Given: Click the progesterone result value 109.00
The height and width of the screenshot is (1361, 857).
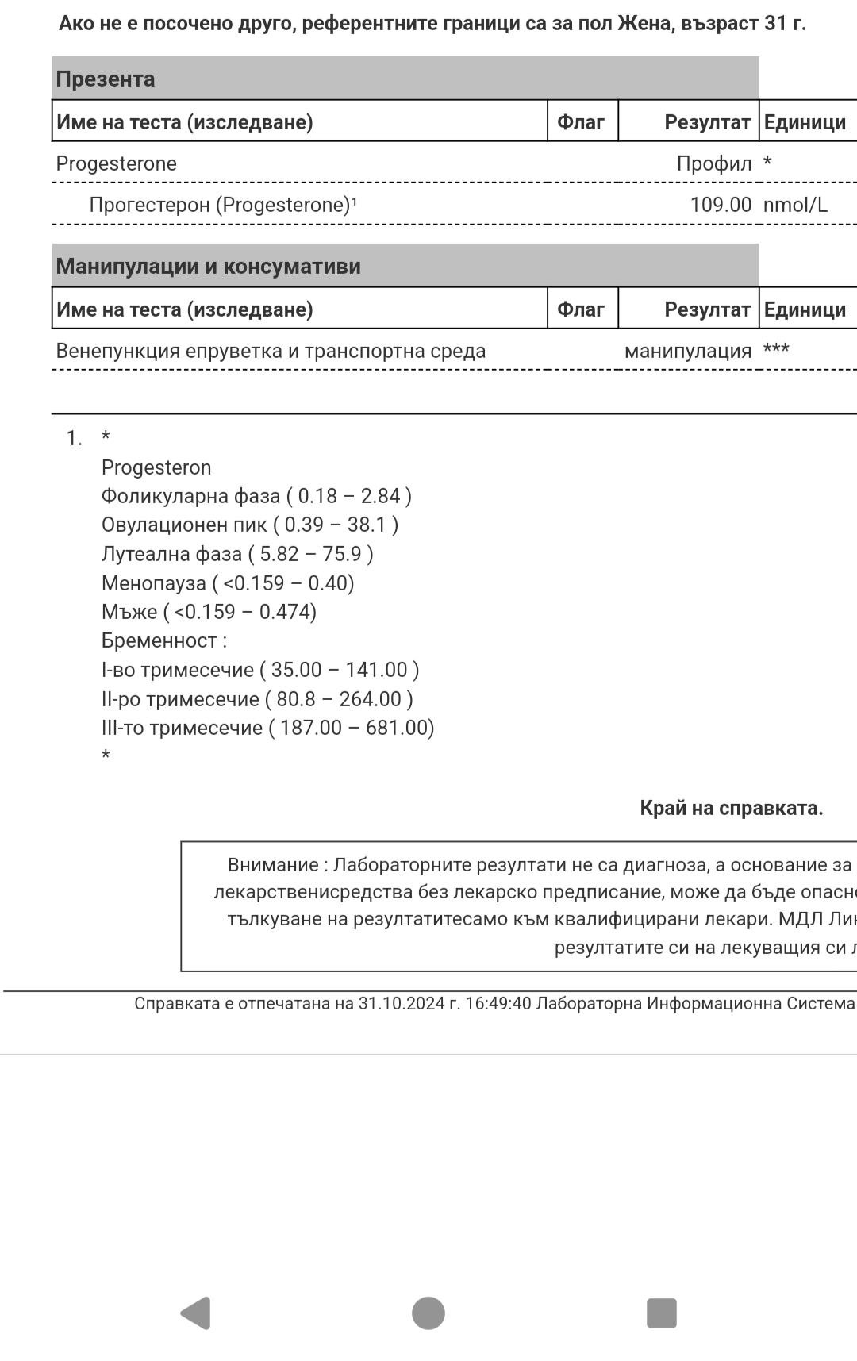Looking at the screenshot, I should [x=720, y=205].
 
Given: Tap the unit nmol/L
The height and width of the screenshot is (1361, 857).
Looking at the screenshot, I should [x=795, y=205].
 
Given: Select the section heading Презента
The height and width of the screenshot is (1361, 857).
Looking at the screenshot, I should [x=105, y=79].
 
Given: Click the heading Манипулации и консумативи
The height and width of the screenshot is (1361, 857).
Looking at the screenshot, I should [x=208, y=267].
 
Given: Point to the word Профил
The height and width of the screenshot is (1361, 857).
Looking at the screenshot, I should [x=713, y=163].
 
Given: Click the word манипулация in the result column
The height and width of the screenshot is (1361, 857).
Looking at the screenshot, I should [x=687, y=351].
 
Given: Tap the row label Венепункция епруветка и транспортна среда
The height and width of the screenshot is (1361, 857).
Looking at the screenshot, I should [x=271, y=351].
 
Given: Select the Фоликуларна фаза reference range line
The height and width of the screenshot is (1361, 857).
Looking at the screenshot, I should [x=256, y=496].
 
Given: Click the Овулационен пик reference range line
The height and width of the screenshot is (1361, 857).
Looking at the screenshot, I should [x=250, y=525].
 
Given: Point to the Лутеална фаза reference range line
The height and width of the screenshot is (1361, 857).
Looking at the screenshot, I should [x=237, y=554].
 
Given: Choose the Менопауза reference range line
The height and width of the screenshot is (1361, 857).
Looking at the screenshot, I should [x=228, y=583].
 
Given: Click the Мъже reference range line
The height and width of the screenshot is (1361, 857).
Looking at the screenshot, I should [x=209, y=612].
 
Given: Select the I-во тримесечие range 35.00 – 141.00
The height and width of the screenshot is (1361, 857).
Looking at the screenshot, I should [x=344, y=670].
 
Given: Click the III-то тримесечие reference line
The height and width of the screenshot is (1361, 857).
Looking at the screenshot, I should [x=267, y=728].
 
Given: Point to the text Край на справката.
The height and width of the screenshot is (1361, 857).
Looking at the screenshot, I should [x=731, y=808].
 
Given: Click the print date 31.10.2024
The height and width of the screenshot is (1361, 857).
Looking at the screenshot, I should [x=402, y=1003].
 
